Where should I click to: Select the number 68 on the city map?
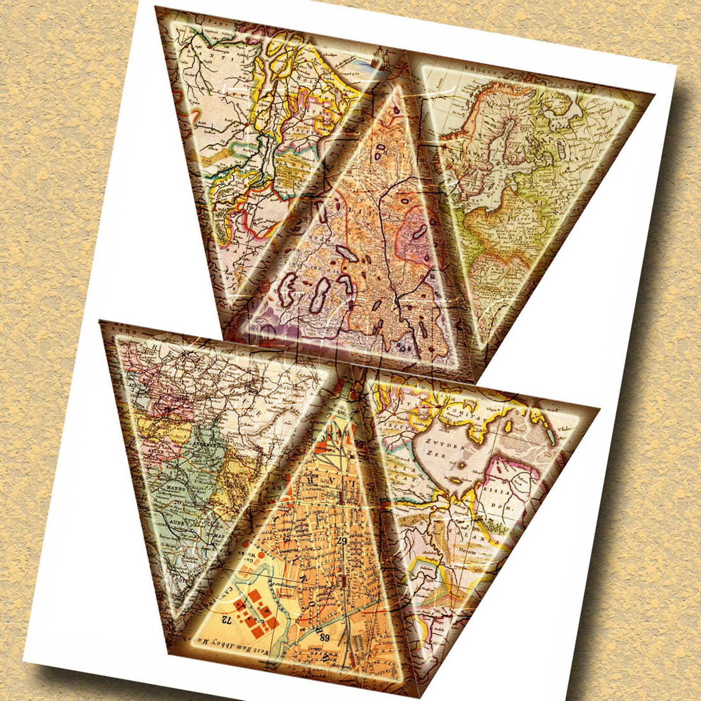tap(325, 637)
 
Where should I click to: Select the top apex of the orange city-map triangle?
tap(352, 383)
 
